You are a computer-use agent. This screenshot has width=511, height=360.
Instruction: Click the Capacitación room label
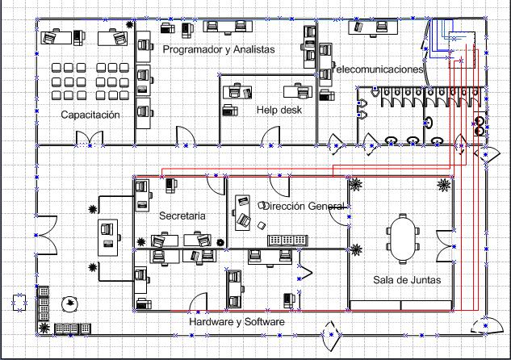tap(90, 115)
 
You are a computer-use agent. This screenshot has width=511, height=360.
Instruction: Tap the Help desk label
tap(279, 110)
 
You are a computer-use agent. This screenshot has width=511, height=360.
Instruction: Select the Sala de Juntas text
tap(400, 279)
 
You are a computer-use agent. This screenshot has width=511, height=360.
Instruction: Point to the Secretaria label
tap(182, 216)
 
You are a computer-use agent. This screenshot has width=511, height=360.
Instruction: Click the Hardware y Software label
tap(237, 322)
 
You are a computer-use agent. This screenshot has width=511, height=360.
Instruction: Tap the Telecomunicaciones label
tap(378, 69)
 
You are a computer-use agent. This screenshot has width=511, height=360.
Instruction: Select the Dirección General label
tap(303, 207)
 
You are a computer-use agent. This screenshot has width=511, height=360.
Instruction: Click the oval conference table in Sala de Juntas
tap(402, 236)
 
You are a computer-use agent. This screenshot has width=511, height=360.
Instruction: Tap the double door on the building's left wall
tap(45, 234)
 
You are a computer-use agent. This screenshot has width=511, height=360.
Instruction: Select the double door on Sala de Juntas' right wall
tap(445, 245)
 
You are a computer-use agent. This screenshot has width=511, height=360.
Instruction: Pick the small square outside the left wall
tap(17, 303)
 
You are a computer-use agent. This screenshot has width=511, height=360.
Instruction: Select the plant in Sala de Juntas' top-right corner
tap(442, 186)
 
